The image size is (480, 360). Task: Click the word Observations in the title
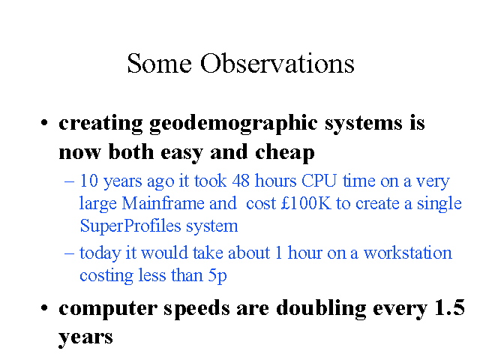pos(277,63)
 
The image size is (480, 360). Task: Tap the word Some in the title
pos(160,63)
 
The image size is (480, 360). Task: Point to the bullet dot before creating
pos(44,122)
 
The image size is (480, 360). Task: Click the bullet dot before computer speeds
pos(44,307)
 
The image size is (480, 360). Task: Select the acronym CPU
pos(319,181)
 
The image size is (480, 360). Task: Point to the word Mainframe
pos(163,203)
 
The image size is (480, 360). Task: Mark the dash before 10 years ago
pos(70,181)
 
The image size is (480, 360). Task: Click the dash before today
pos(70,253)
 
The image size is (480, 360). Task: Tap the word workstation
pos(408,253)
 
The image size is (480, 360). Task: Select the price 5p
pos(217,276)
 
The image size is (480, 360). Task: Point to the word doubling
pos(321,309)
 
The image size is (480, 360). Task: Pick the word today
pos(100,254)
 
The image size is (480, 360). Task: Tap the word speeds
pos(196,309)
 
